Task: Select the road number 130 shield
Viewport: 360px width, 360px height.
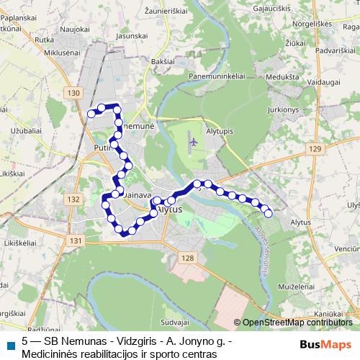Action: coord(71,94)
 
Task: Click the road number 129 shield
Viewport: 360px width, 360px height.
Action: coord(313,148)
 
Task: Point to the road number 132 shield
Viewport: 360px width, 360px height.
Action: coord(72,199)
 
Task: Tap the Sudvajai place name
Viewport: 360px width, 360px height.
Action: coord(174,322)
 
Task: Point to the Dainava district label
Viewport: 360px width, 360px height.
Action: coord(136,194)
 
